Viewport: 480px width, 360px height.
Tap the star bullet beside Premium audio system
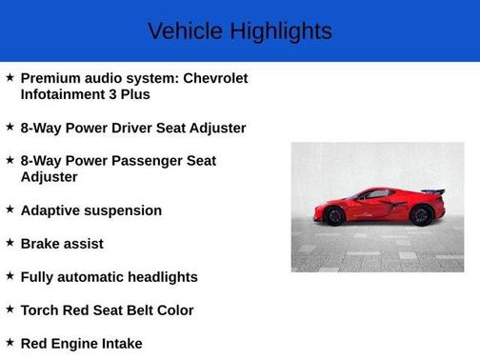click(10, 77)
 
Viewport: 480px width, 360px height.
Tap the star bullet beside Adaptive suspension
click(10, 210)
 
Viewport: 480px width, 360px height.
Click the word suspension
click(124, 210)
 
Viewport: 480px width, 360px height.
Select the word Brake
click(41, 244)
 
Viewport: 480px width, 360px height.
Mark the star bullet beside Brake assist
click(10, 243)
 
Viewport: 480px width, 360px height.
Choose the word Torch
click(42, 310)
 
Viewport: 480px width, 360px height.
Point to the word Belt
click(140, 310)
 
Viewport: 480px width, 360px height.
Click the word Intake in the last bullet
click(122, 344)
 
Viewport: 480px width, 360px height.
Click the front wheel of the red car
click(334, 216)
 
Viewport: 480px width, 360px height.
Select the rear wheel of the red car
click(420, 215)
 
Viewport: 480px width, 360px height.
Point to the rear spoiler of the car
click(433, 191)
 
